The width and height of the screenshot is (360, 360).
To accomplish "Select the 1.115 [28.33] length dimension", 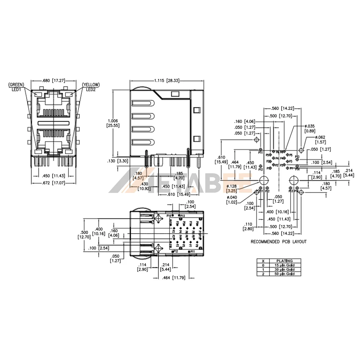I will tap(167, 81).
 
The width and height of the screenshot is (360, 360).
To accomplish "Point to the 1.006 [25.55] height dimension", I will tap(113, 123).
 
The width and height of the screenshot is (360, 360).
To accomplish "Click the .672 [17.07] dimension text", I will tap(54, 183).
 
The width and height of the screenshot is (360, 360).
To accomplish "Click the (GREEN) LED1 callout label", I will tap(16, 87).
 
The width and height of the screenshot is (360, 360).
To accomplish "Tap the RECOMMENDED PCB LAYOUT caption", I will tap(279, 242).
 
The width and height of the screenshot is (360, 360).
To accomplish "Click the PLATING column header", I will tap(284, 261).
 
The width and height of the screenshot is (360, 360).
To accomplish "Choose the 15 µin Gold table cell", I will tap(284, 265).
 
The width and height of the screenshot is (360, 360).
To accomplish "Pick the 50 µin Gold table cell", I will tap(284, 274).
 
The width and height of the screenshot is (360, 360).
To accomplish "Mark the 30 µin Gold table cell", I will tap(284, 269).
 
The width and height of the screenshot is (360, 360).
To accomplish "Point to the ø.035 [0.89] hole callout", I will tap(310, 128).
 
